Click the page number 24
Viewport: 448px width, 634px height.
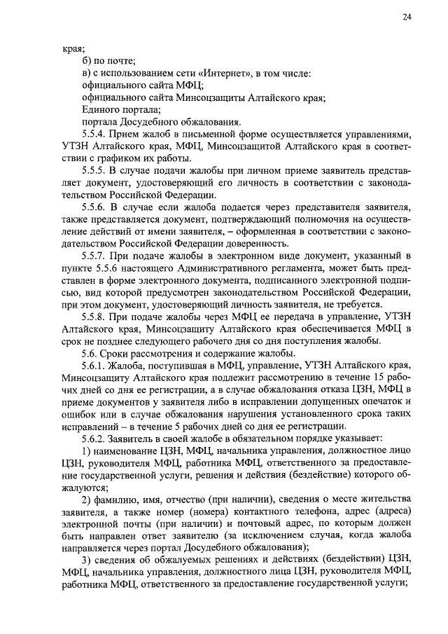pos(406,18)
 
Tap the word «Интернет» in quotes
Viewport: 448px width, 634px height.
pos(222,74)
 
